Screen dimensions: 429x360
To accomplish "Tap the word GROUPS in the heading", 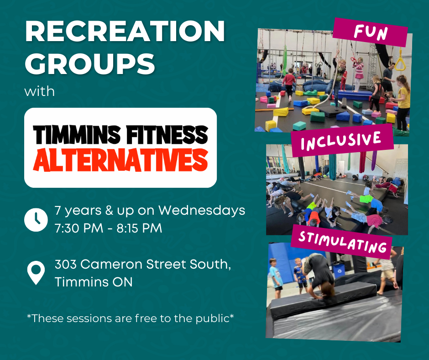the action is pos(90,64).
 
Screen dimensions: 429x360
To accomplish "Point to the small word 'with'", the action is pos(39,91).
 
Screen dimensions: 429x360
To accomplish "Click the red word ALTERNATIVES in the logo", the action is pos(120,160).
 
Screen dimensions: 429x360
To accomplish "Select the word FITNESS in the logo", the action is pos(167,134).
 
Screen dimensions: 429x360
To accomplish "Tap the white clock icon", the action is pos(36,220).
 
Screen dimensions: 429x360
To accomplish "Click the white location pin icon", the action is pos(36,273).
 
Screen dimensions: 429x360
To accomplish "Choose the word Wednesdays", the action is pos(202,211).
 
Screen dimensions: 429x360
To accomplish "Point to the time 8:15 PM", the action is pos(140,228).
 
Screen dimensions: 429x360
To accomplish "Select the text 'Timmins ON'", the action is pos(94,282).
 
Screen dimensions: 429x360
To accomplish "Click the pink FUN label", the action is pos(371,32).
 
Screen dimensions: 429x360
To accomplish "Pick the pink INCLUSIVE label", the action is pos(341,141).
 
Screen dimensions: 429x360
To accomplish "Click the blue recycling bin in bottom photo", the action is pos(338,270).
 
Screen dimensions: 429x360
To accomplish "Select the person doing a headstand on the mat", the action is pos(319,275).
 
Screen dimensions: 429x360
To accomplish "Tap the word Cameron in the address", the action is pos(112,265).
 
